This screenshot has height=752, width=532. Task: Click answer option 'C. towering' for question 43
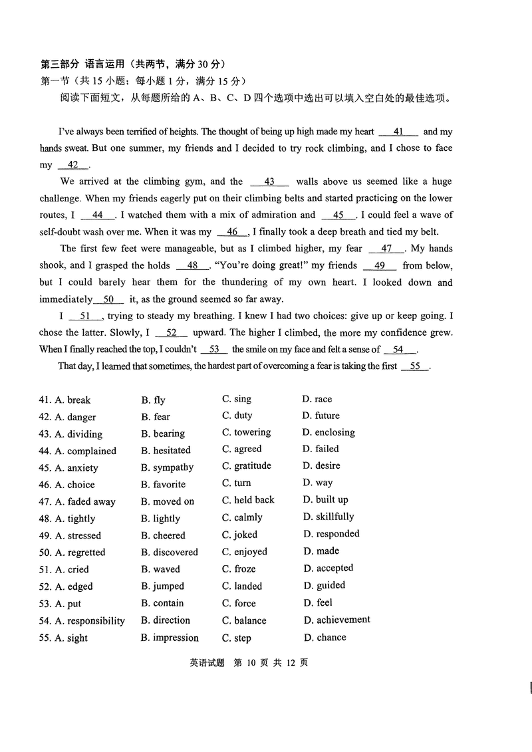point(246,432)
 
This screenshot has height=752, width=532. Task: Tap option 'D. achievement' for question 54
point(336,620)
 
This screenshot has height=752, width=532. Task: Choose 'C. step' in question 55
point(237,638)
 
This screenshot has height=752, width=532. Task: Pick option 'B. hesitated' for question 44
point(166,450)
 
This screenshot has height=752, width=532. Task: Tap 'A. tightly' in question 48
point(75,519)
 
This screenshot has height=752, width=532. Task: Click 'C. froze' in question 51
point(239,569)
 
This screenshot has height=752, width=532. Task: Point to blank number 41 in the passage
point(399,132)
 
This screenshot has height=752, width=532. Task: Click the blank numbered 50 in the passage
point(109,299)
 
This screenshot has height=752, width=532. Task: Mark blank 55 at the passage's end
point(416,366)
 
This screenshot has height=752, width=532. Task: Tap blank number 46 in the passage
point(232,231)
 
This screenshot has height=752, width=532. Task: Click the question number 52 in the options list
point(45,586)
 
